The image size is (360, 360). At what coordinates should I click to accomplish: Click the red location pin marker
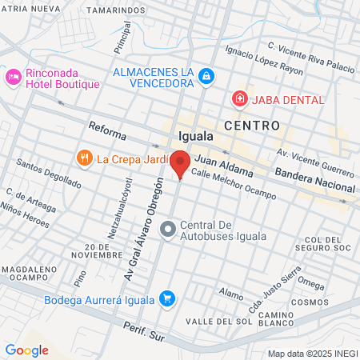180,163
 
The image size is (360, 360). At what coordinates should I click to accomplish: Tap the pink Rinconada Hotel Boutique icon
13,77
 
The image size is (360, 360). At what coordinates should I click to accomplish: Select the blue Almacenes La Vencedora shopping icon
206,76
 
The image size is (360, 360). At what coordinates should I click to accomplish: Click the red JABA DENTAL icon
238,99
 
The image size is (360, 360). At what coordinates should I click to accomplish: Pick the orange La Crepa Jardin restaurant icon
84,158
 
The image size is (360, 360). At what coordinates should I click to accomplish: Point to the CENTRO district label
252,126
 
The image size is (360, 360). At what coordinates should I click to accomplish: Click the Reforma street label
107,128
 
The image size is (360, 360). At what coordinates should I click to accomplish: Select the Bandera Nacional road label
314,180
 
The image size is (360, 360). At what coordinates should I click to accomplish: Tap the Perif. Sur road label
144,333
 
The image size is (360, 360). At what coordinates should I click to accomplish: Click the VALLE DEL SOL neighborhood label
218,321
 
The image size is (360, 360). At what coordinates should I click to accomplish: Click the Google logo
26,350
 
